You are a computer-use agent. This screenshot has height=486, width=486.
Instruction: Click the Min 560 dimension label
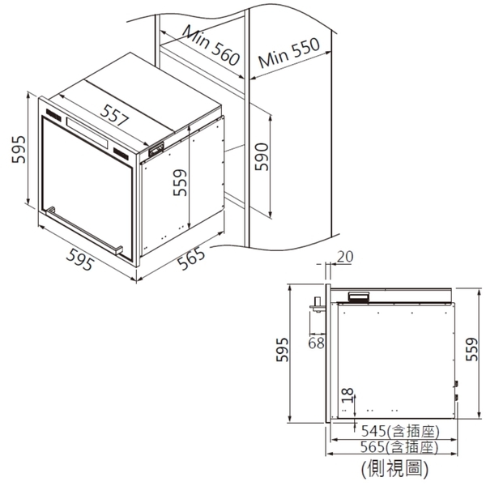click(211, 46)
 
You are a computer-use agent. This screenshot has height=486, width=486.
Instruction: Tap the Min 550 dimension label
click(289, 53)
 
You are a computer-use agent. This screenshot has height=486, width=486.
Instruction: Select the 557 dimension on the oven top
click(114, 115)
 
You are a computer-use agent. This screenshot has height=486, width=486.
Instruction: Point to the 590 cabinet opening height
click(262, 156)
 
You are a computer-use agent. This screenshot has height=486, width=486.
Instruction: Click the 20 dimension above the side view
click(345, 257)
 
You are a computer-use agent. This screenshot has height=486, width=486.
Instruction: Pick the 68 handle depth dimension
click(316, 343)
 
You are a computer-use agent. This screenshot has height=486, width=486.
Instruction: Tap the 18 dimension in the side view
click(347, 395)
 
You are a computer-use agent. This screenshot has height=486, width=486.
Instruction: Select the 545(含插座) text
click(400, 431)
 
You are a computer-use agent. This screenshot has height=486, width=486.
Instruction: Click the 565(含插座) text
click(399, 447)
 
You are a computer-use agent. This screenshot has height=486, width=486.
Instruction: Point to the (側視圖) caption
click(395, 469)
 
